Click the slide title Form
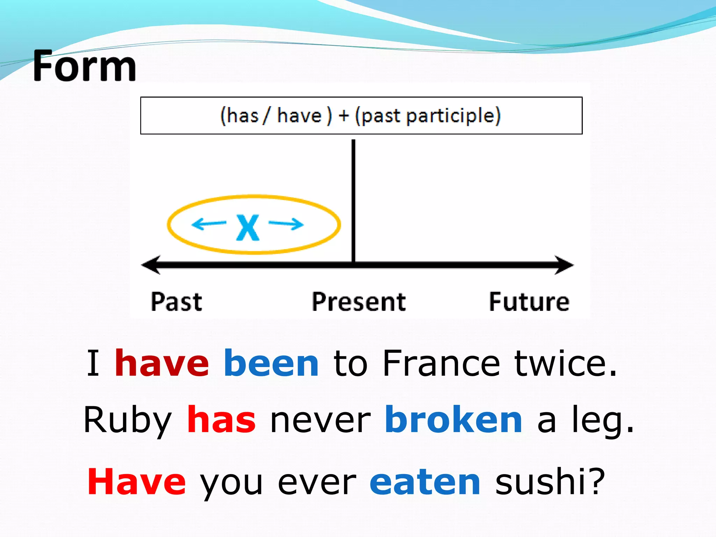click(85, 66)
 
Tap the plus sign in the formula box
click(344, 116)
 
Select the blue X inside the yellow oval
click(248, 228)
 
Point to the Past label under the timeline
click(177, 302)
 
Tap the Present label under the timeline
click(359, 302)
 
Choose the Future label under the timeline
click(529, 302)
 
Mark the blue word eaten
click(425, 482)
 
